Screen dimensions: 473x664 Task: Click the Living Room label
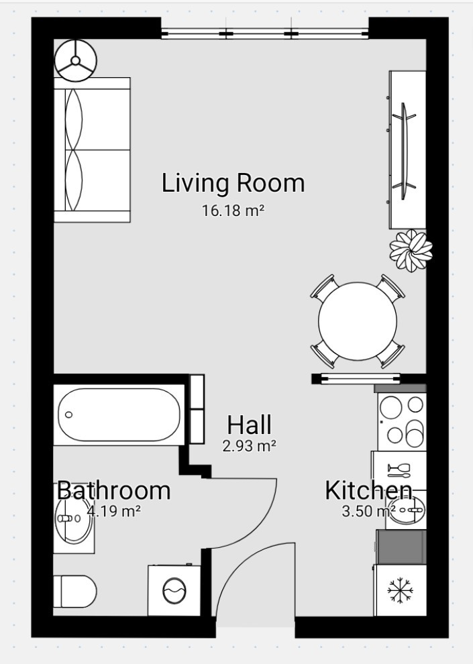coord(233,184)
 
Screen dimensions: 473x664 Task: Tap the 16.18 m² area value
coord(233,211)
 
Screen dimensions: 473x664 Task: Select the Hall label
coord(249,425)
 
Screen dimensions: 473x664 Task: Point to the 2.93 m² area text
coord(250,445)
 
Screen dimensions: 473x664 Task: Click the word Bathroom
coord(113,490)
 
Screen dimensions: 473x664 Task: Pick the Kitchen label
coord(368,490)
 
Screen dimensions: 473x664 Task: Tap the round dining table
coord(358,321)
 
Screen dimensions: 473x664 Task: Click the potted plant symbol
coord(411,250)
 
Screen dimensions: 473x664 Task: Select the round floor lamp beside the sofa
coord(75,60)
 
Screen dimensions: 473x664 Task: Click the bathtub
coord(119,414)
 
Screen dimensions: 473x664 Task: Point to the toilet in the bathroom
coord(74,592)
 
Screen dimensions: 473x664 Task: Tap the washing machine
coord(174,590)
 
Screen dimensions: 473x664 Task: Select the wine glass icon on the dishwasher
coord(399,468)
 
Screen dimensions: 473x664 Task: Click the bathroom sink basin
coord(74,519)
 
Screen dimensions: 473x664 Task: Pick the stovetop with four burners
coord(402,422)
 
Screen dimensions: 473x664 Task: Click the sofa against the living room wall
coord(92,150)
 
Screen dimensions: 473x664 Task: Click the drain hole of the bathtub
coord(68,414)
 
